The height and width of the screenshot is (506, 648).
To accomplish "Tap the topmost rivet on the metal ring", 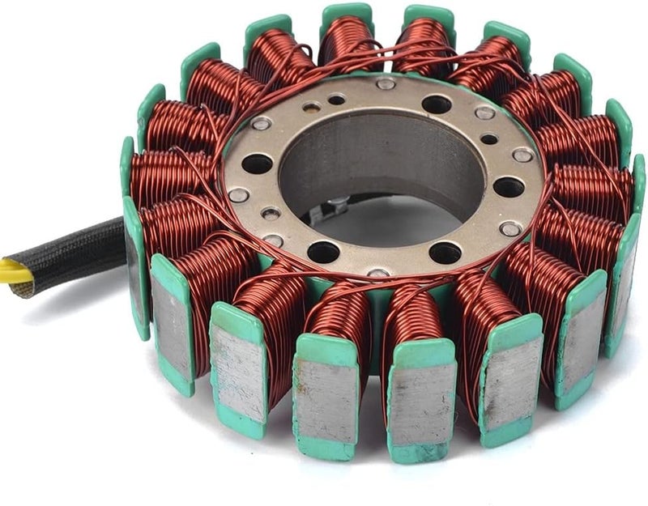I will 386,83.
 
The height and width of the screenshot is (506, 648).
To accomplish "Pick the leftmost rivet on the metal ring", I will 238,194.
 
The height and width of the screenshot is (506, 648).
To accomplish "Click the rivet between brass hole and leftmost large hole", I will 261,123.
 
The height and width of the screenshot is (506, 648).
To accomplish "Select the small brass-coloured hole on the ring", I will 312,106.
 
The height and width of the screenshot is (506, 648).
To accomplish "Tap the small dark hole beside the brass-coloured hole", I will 335,100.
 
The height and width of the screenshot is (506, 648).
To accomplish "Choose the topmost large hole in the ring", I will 437,104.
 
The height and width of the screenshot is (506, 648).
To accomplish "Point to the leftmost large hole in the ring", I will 257,164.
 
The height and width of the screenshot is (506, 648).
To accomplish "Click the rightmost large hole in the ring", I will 509,187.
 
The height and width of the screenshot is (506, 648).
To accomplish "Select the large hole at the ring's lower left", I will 323,252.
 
